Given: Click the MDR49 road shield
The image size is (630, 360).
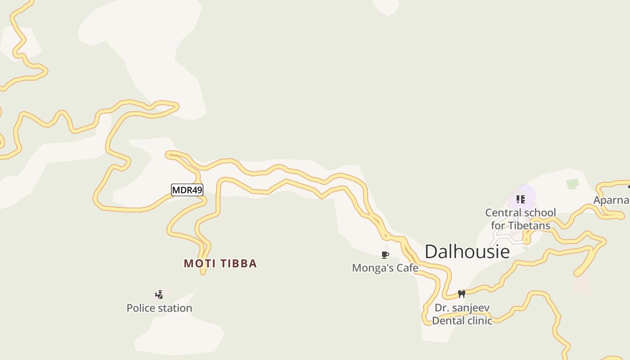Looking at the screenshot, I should click(x=187, y=190).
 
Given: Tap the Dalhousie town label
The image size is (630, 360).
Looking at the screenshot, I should click(x=467, y=252).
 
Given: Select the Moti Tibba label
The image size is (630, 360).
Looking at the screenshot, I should click(x=220, y=264).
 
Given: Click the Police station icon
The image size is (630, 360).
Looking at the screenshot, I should click(x=159, y=295).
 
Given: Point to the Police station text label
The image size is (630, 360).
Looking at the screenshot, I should click(x=159, y=308).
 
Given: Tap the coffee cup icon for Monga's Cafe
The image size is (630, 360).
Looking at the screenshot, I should click(x=385, y=255).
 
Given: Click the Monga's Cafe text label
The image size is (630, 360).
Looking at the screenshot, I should click(x=385, y=268).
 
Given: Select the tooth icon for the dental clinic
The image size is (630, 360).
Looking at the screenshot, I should click(x=461, y=294).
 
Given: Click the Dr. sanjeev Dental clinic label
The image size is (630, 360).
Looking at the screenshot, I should click(x=462, y=314).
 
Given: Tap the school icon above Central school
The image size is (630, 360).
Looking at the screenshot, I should click(x=521, y=199).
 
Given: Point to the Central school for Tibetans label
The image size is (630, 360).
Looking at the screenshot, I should click(x=521, y=219).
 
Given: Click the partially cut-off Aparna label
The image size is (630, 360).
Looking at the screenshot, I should click(x=611, y=200).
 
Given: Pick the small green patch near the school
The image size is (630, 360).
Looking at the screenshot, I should click(x=572, y=184).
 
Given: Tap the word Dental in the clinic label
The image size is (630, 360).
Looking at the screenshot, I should click(x=450, y=321).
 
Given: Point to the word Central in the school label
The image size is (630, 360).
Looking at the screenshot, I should click(x=501, y=212).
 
